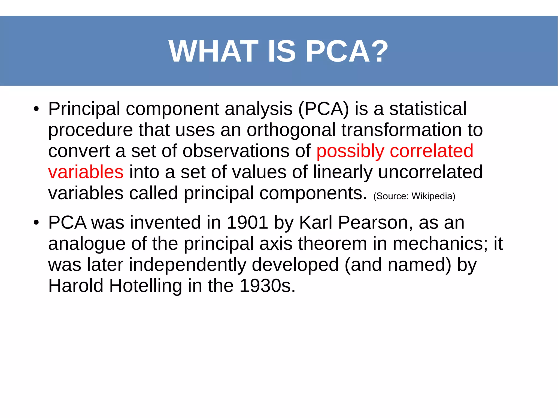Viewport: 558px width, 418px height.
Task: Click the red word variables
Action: coord(86,172)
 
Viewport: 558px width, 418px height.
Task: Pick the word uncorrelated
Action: coord(430,172)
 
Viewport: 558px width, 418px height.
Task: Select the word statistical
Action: coord(428,109)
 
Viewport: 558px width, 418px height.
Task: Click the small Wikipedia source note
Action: coord(414,196)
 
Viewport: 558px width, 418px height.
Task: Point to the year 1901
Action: coord(247,223)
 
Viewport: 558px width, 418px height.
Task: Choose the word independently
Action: coord(187,265)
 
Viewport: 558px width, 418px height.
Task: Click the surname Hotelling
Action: coord(145,286)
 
